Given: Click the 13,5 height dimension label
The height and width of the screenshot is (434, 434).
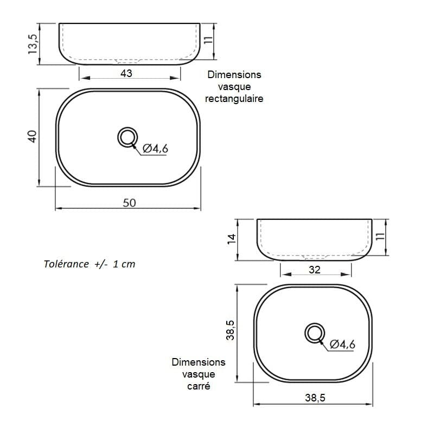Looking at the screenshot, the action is (33, 44).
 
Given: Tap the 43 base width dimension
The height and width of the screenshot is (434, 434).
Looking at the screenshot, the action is (126, 73).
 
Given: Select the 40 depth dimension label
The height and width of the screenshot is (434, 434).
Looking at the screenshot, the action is (33, 137).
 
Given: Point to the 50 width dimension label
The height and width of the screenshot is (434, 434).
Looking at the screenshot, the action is (129, 203).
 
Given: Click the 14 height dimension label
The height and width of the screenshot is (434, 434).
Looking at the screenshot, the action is (232, 239).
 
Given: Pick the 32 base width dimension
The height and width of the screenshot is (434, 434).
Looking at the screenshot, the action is (315, 270).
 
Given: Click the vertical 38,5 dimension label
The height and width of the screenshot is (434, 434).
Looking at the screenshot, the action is (230, 330).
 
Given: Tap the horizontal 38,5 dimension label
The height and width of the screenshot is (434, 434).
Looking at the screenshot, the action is (315, 398).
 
